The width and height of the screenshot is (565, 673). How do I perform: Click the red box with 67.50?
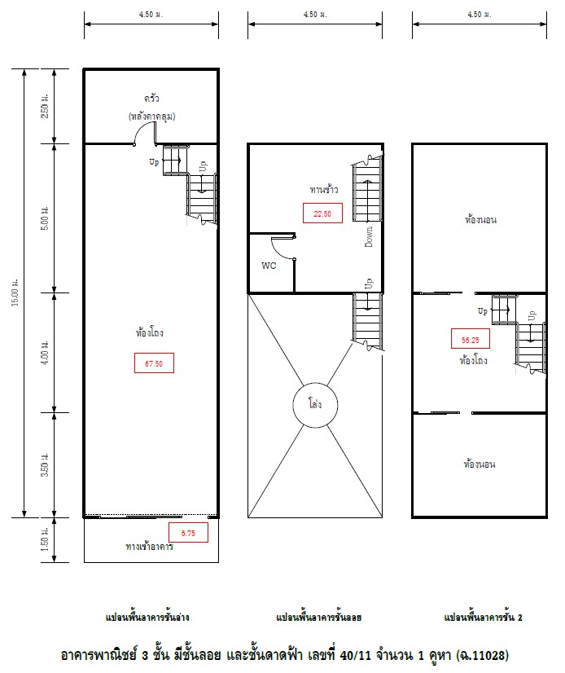tap(154, 363)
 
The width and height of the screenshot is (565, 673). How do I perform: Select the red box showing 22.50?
tap(322, 213)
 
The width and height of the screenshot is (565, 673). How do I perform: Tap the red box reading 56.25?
tap(471, 339)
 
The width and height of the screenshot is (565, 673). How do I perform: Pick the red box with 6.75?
tap(188, 533)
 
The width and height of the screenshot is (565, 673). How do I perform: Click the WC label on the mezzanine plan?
tap(269, 266)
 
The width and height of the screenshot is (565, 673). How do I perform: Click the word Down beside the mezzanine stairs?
tap(369, 236)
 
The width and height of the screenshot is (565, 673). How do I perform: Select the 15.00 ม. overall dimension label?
tap(15, 293)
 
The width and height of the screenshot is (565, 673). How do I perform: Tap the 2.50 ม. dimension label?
tap(45, 106)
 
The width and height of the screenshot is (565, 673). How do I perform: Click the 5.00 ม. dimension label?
tap(45, 218)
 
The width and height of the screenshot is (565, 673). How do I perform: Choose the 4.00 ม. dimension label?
tap(45, 353)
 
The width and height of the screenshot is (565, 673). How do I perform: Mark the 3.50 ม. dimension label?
tap(45, 465)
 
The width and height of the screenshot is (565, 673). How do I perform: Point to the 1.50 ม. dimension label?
tap(45, 539)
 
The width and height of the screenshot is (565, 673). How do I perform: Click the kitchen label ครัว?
tap(152, 99)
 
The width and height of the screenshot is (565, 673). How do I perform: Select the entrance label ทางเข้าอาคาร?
tap(149, 547)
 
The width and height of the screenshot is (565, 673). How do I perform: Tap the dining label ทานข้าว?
tap(324, 189)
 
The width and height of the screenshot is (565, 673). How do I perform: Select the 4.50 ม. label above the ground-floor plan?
tap(151, 14)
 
